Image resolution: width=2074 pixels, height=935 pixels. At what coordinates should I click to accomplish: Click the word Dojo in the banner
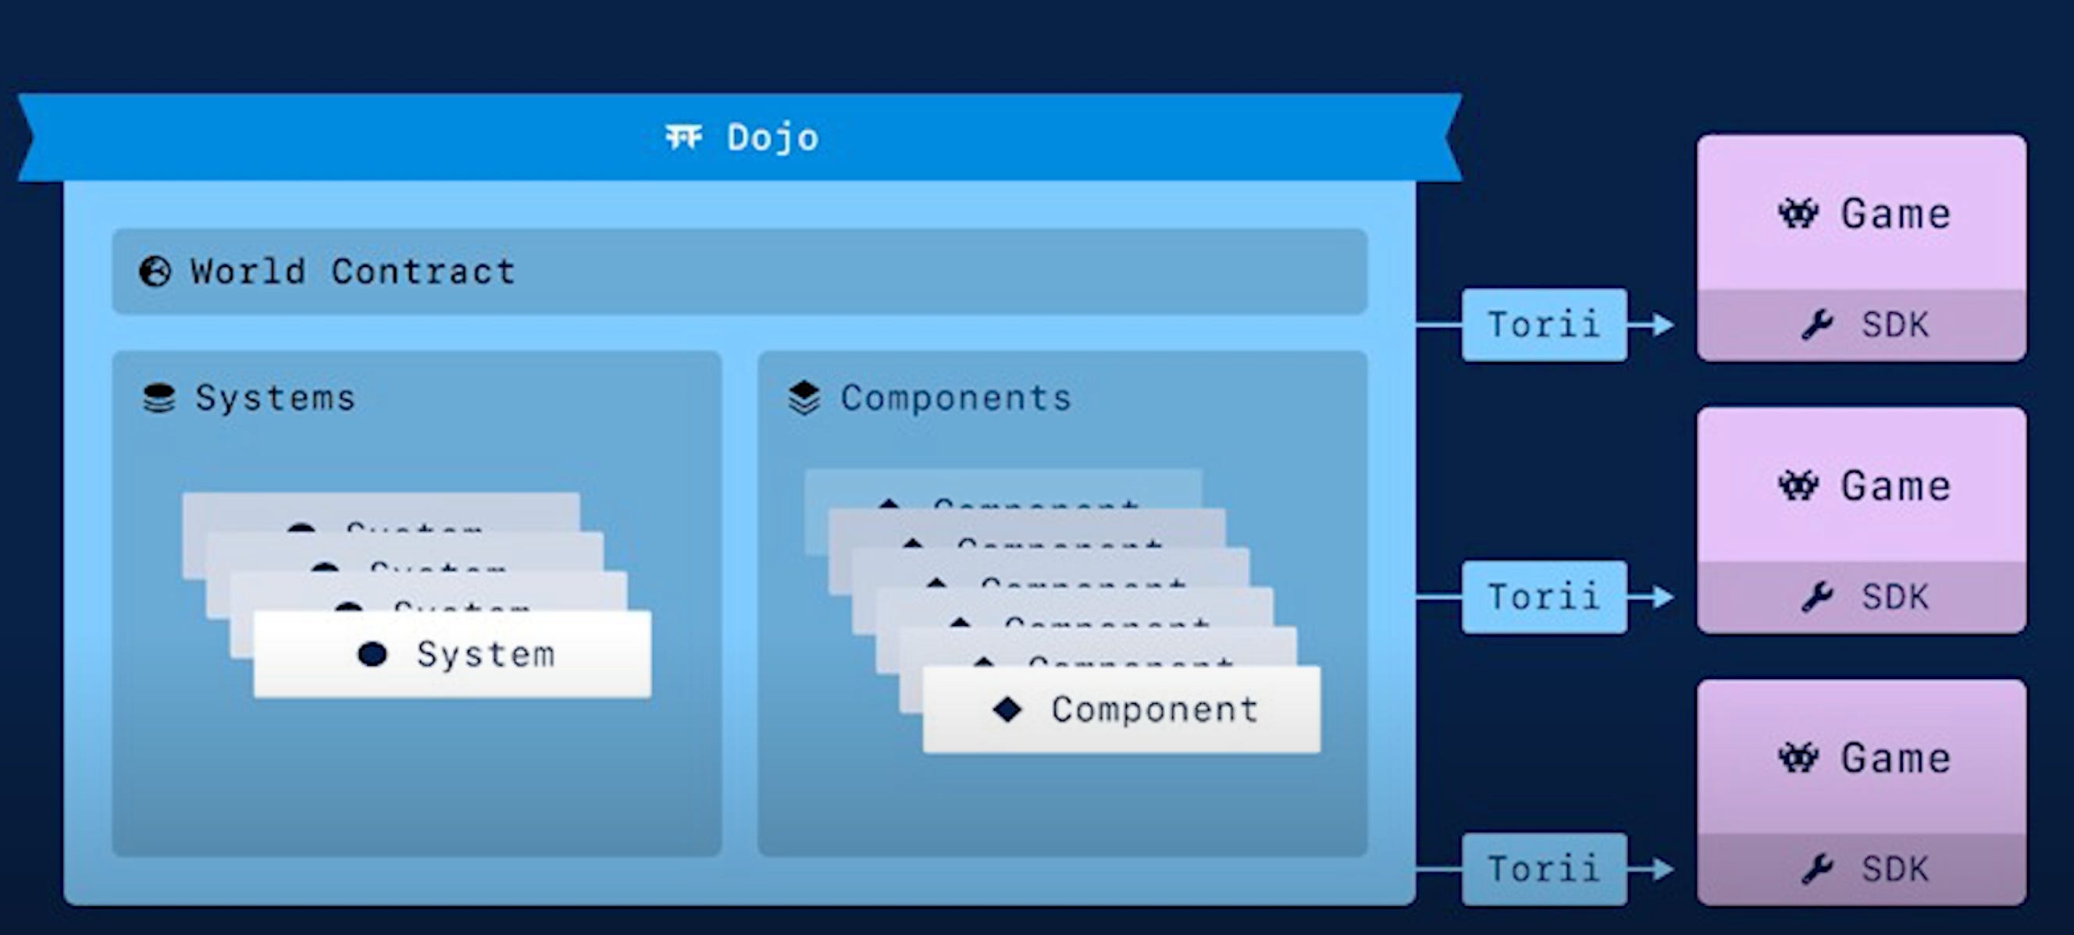tap(772, 137)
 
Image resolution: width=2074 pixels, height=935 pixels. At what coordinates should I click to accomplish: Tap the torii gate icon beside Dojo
tap(683, 137)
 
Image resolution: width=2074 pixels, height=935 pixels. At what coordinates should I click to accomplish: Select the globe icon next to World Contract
tap(155, 272)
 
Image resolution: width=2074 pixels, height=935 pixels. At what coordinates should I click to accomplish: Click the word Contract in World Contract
tap(422, 271)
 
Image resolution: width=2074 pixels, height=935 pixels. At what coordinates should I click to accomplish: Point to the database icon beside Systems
tap(159, 397)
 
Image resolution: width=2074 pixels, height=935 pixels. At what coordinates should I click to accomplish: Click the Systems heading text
tap(275, 397)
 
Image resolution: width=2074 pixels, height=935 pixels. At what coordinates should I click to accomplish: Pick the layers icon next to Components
tap(804, 397)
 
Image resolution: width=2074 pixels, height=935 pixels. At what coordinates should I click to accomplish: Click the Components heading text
tap(956, 397)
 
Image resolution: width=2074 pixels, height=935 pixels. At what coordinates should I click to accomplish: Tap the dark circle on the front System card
tap(372, 654)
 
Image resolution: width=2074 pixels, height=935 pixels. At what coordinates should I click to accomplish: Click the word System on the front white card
tap(486, 654)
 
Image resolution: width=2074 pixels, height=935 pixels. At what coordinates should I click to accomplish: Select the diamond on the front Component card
tap(1007, 709)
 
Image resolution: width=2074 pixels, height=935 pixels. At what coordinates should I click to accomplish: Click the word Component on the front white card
tap(1155, 709)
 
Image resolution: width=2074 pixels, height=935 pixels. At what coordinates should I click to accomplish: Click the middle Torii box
tap(1544, 597)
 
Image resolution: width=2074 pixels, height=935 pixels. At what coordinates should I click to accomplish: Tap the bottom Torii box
tap(1544, 869)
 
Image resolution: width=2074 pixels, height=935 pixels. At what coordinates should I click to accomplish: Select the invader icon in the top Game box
tap(1798, 214)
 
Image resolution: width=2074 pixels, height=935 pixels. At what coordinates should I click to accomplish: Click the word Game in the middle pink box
tap(1896, 486)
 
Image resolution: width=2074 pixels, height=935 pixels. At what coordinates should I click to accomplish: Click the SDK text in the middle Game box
tap(1895, 597)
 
